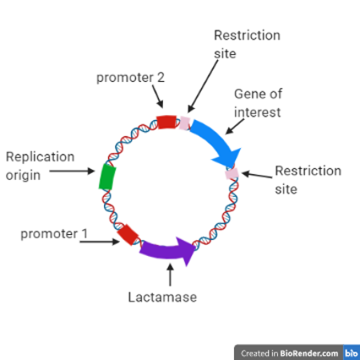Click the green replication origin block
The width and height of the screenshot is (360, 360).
pos(106,177)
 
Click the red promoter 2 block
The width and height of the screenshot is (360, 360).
pos(166,123)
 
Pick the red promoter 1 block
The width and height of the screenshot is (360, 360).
pos(128,233)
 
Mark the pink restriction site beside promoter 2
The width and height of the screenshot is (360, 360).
pos(184,123)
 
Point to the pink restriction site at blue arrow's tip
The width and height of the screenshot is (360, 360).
pos(232,173)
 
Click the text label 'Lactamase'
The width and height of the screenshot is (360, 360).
pos(163,297)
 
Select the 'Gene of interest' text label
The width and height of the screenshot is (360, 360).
pos(257,103)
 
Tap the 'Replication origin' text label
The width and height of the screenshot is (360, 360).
pos(40,165)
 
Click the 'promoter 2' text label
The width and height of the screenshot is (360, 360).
pos(130,77)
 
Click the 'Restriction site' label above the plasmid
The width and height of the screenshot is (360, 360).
pos(246,43)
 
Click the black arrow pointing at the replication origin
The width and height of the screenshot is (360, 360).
pos(72,172)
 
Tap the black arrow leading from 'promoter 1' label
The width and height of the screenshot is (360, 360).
pos(101,242)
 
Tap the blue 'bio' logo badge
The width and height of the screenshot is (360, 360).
pos(351,352)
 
